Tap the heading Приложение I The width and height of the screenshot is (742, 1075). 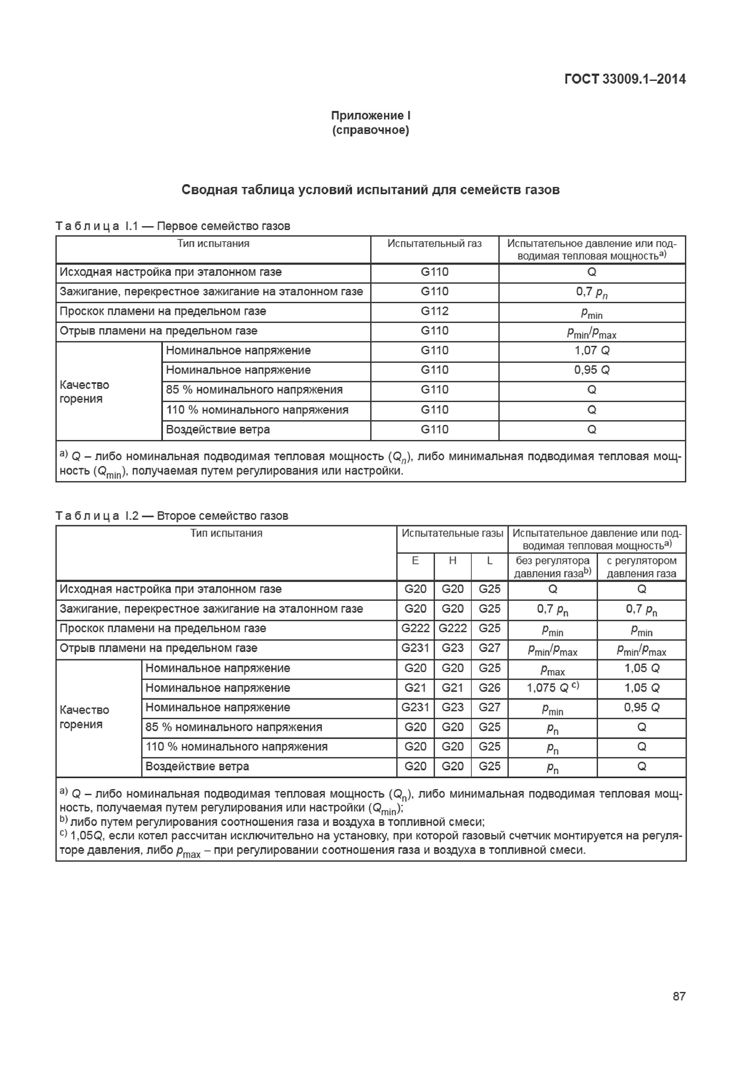pos(371,116)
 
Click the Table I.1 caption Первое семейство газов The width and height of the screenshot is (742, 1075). pos(223,226)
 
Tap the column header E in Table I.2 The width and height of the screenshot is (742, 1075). pos(415,561)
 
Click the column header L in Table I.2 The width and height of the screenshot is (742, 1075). pos(489,561)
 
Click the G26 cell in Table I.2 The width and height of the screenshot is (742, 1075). pos(489,688)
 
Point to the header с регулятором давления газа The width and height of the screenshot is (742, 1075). pos(641,567)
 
